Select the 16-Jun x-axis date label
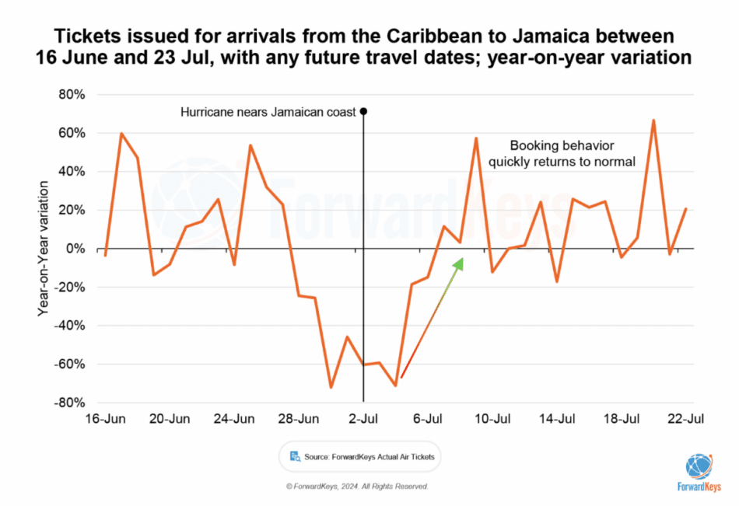106,418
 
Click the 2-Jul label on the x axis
363,418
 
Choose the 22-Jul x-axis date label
685,418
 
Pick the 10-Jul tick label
492,418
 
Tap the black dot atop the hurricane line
363,111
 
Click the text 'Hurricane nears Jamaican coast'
268,112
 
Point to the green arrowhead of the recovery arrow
459,264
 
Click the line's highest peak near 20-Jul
653,120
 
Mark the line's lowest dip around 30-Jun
331,386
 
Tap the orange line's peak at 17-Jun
121,134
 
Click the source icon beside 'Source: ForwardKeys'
296,456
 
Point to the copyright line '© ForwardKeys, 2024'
357,486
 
